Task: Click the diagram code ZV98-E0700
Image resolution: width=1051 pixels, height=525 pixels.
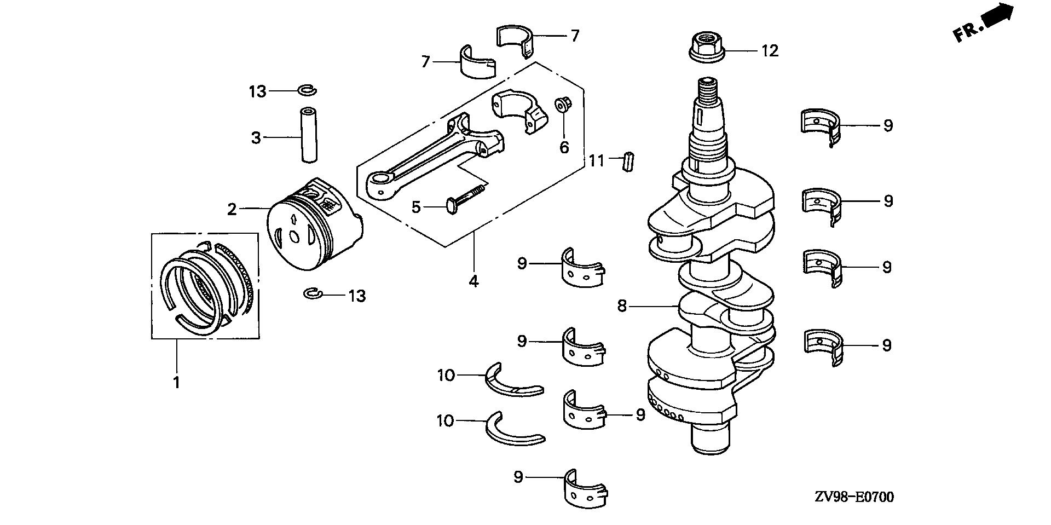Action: click(853, 497)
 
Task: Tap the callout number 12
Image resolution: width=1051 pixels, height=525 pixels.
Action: click(770, 51)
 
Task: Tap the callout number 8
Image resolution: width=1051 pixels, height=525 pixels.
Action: click(622, 306)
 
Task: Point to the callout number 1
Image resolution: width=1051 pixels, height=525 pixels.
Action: click(177, 383)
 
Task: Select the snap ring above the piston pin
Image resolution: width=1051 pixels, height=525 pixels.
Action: click(307, 90)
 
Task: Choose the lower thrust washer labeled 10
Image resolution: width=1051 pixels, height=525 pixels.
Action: click(513, 430)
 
